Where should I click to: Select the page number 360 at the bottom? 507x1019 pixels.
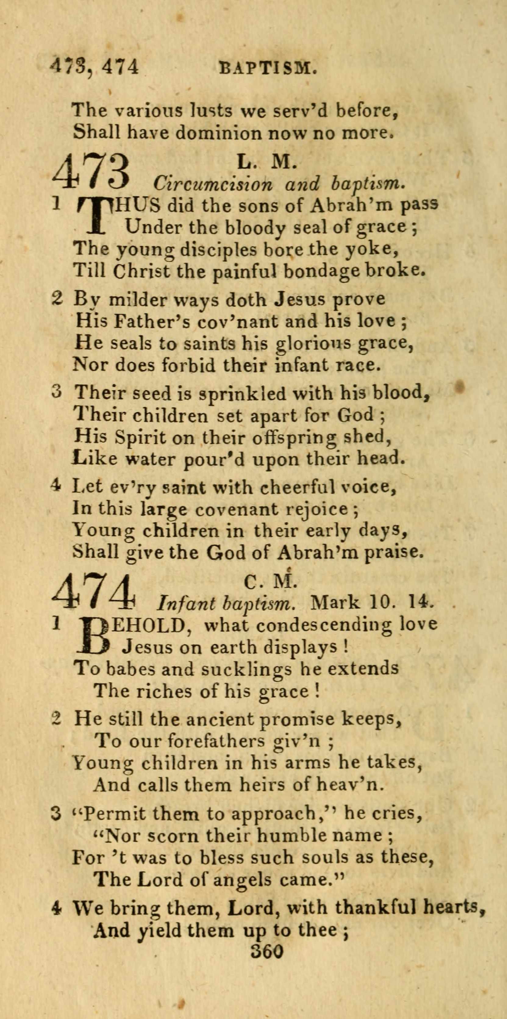pos(267,949)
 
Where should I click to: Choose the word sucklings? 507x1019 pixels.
pos(246,669)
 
